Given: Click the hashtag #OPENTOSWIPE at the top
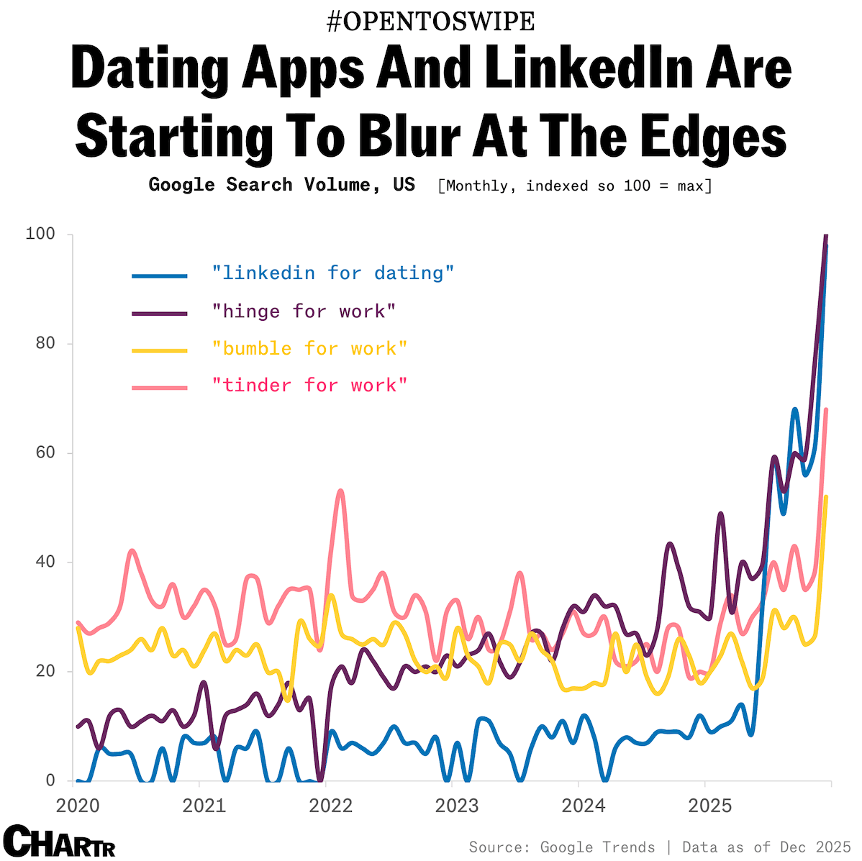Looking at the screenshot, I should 430,22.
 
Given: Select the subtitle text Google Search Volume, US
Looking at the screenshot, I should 281,185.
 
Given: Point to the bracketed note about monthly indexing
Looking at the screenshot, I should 575,186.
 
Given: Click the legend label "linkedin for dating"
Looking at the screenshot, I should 333,273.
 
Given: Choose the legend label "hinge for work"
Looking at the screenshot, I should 304,311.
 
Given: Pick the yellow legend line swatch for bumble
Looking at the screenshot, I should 160,350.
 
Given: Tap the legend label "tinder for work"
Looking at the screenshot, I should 309,386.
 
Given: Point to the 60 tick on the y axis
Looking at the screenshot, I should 45,453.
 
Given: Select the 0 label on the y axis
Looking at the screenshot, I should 50,780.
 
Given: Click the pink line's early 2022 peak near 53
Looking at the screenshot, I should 340,491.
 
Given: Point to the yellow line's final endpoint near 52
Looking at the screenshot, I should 826,497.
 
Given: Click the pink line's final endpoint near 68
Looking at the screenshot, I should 826,410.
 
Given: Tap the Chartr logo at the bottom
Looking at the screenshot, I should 59,842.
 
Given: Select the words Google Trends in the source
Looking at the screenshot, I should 597,847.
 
